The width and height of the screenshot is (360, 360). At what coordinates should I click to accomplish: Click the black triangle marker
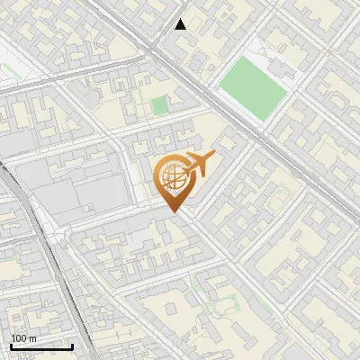pyautogui.click(x=181, y=24)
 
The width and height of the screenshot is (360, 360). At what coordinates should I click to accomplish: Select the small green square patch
pyautogui.click(x=159, y=106)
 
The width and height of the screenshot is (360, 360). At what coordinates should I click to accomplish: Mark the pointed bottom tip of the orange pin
pyautogui.click(x=173, y=211)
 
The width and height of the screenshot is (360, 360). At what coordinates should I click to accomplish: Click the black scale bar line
pyautogui.click(x=41, y=346)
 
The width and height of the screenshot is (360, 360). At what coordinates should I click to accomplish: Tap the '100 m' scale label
pyautogui.click(x=23, y=338)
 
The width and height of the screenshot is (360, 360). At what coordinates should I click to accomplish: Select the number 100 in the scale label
pyautogui.click(x=19, y=338)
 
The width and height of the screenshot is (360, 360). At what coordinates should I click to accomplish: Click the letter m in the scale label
pyautogui.click(x=32, y=338)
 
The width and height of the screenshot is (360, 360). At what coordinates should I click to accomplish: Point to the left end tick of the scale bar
pyautogui.click(x=11, y=345)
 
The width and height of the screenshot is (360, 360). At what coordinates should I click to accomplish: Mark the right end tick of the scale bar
pyautogui.click(x=72, y=345)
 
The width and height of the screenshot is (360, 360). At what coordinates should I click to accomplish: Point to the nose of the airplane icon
pyautogui.click(x=213, y=157)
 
